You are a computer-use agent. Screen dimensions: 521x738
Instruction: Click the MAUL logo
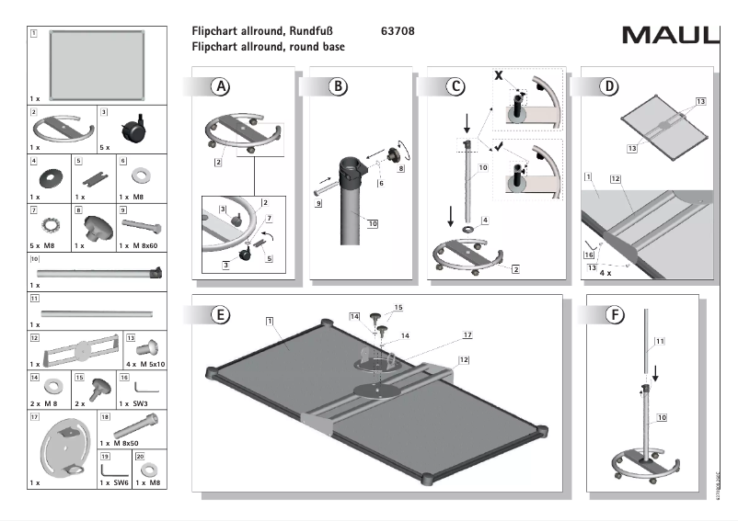point(669,36)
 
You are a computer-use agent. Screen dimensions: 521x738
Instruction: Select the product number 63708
point(397,31)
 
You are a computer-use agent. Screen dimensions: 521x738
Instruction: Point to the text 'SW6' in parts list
point(115,481)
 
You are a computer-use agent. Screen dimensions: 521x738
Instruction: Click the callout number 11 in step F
point(660,343)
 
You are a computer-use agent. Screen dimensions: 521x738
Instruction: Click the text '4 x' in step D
point(605,273)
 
